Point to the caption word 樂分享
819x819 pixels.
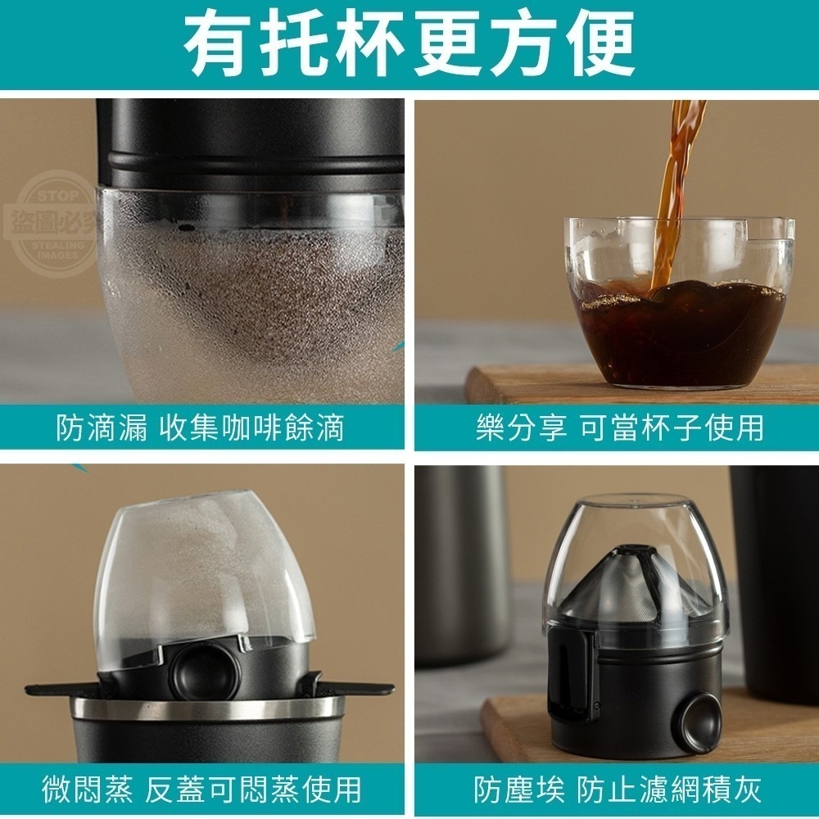pyautogui.click(x=521, y=428)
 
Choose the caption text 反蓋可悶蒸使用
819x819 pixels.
pyautogui.click(x=253, y=790)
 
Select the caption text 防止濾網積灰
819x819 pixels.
pyautogui.click(x=669, y=790)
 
